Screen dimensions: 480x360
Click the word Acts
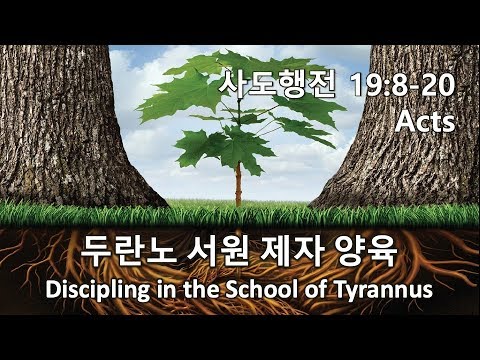click(x=425, y=121)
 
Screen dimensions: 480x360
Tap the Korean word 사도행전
click(x=276, y=85)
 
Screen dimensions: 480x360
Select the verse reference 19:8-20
click(x=403, y=85)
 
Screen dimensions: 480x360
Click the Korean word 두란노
click(x=128, y=251)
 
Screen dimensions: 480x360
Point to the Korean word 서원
click(x=217, y=251)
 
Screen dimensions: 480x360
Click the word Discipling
click(x=98, y=290)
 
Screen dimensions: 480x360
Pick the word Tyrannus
click(x=384, y=290)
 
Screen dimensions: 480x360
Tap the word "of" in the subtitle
click(x=316, y=289)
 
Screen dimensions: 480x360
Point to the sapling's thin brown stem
click(x=238, y=184)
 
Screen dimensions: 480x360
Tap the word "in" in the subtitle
click(x=167, y=289)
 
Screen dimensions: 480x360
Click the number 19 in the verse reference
click(x=366, y=85)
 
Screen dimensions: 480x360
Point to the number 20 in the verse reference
click(x=439, y=85)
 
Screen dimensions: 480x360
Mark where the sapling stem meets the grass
click(x=238, y=205)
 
